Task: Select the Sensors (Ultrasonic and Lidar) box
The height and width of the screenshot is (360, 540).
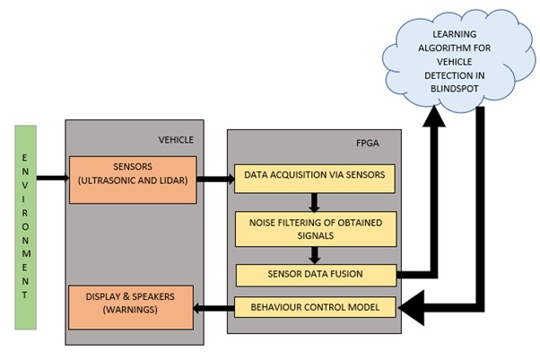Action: pyautogui.click(x=133, y=179)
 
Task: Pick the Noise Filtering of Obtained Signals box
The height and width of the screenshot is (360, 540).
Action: pyautogui.click(x=315, y=228)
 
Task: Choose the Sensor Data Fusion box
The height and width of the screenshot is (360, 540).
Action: pyautogui.click(x=315, y=275)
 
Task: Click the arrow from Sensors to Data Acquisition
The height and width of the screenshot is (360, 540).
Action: pyautogui.click(x=214, y=179)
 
